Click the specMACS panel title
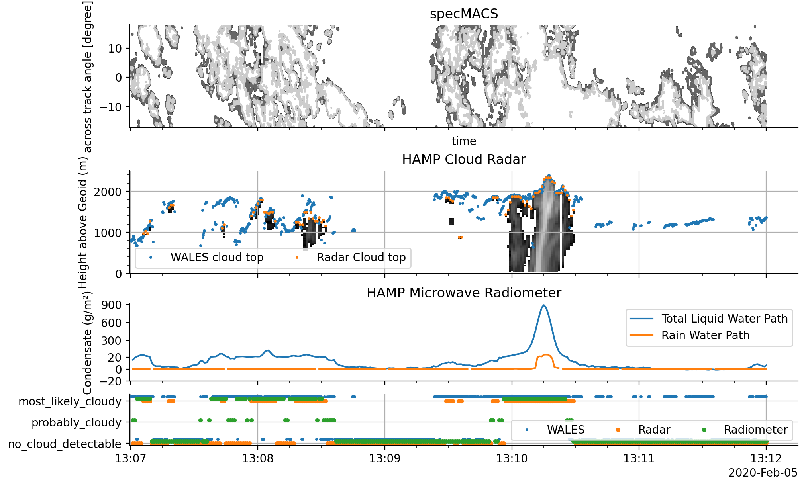pyautogui.click(x=464, y=14)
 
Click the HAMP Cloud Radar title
pyautogui.click(x=464, y=160)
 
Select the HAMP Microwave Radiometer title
pyautogui.click(x=464, y=293)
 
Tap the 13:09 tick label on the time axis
pyautogui.click(x=384, y=458)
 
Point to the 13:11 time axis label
pyautogui.click(x=639, y=458)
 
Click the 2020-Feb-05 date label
pyautogui.click(x=763, y=473)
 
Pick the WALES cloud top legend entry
pyautogui.click(x=217, y=258)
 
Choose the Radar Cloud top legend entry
pyautogui.click(x=361, y=258)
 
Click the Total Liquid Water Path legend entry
pyautogui.click(x=724, y=319)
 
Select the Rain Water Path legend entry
pyautogui.click(x=705, y=335)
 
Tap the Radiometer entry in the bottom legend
pyautogui.click(x=755, y=430)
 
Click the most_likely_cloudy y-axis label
pyautogui.click(x=70, y=401)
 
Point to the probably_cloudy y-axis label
pyautogui.click(x=76, y=422)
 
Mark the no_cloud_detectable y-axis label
pyautogui.click(x=65, y=444)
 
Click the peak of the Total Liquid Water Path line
pyautogui.click(x=544, y=305)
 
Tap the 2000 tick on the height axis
pyautogui.click(x=108, y=192)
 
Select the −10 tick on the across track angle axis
pyautogui.click(x=110, y=107)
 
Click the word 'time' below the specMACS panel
pyautogui.click(x=464, y=141)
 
